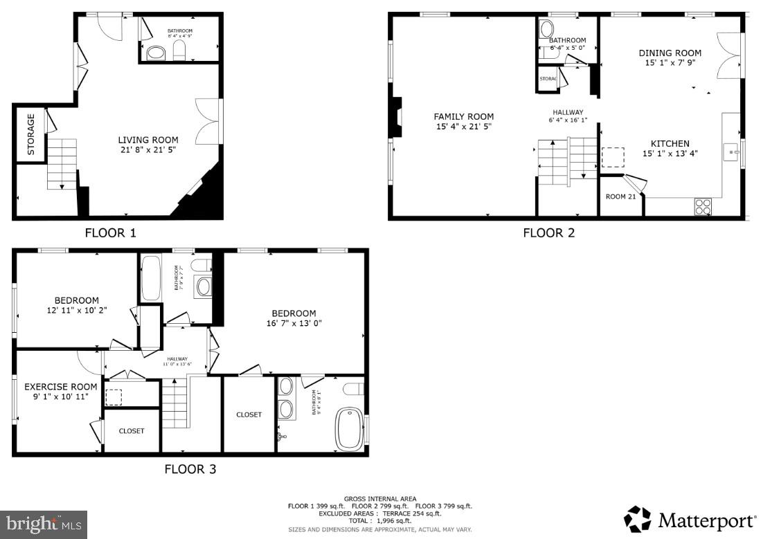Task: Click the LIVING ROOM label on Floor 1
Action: (x=147, y=140)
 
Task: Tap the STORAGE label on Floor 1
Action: (x=30, y=134)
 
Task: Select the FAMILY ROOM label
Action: (x=464, y=116)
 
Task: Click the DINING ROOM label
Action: (x=670, y=53)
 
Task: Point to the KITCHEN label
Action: (x=670, y=144)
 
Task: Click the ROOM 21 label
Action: (x=620, y=197)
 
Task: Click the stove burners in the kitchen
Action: (x=702, y=206)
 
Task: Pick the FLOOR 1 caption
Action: (x=111, y=233)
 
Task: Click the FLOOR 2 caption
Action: (x=548, y=233)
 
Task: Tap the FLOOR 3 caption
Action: (x=190, y=469)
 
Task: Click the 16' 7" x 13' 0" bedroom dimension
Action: (x=294, y=323)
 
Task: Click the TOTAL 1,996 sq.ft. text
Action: (x=380, y=520)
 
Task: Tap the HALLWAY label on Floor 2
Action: (x=568, y=112)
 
